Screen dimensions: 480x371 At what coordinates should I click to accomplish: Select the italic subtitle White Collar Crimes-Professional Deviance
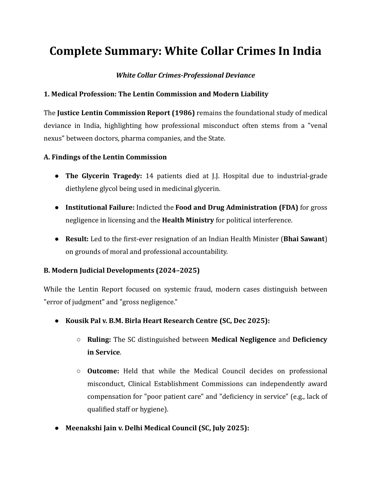click(x=185, y=75)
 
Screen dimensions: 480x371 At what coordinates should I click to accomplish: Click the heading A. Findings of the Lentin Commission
click(x=105, y=157)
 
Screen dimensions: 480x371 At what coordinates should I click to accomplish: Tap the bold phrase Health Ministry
click(x=188, y=220)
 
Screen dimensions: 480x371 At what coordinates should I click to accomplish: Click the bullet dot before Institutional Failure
click(x=57, y=208)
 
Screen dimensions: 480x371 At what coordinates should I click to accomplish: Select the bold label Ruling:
click(x=99, y=339)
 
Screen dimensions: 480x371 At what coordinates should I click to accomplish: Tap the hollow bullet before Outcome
click(x=79, y=371)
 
